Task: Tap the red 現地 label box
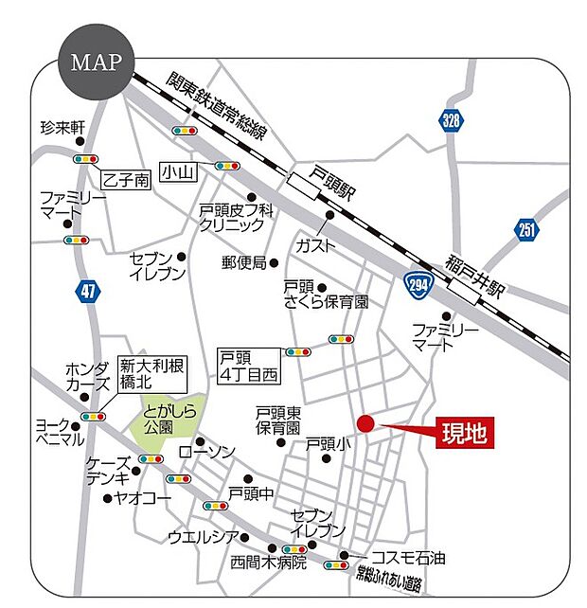pyautogui.click(x=465, y=434)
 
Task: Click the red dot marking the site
pyautogui.click(x=366, y=423)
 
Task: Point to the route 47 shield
pyautogui.click(x=88, y=291)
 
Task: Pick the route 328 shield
pyautogui.click(x=453, y=120)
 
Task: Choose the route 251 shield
pyautogui.click(x=526, y=228)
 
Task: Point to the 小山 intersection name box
pyautogui.click(x=177, y=171)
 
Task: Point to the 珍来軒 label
pyautogui.click(x=62, y=127)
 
